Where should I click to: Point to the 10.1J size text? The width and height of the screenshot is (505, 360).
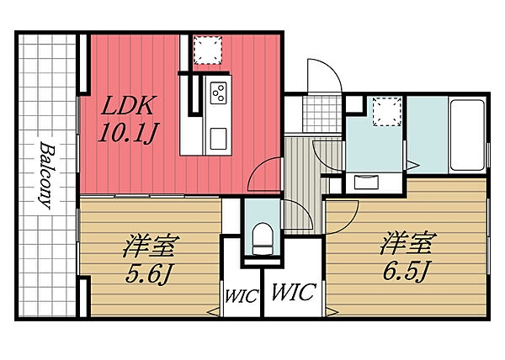click(x=124, y=133)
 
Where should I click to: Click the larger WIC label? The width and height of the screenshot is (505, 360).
click(x=293, y=293)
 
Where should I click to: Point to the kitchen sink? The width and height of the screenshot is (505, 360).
click(x=218, y=137)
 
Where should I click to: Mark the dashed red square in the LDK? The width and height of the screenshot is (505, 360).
click(x=206, y=50)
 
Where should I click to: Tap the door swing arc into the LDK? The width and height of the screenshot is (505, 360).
click(x=264, y=172)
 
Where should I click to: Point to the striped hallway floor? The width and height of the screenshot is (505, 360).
click(x=299, y=181)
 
